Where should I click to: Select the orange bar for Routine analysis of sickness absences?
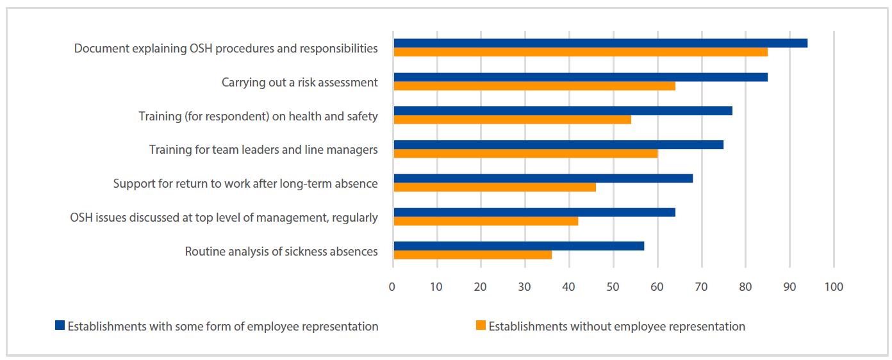[472, 255]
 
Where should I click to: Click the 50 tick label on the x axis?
[613, 287]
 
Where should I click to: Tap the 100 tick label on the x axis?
[834, 287]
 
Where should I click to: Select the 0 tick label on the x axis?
[392, 287]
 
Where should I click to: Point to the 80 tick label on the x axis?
[745, 287]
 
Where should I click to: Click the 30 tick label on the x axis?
[525, 287]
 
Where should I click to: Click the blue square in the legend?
[60, 325]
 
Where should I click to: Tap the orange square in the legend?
[481, 325]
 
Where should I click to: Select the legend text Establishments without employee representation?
[616, 327]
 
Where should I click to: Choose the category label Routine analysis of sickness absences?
[281, 252]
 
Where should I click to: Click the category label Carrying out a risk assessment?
[299, 82]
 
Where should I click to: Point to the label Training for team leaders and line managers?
[263, 150]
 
